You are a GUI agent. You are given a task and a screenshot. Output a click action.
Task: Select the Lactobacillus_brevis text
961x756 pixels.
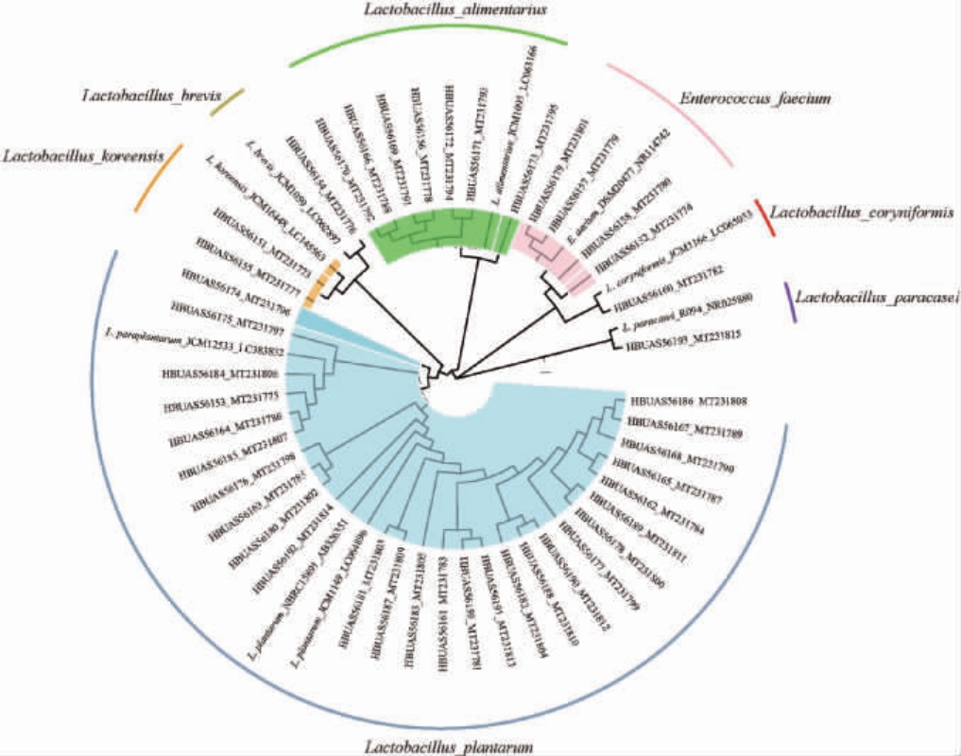(x=151, y=96)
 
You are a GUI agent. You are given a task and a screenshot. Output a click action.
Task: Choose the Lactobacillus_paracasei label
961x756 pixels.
(x=878, y=299)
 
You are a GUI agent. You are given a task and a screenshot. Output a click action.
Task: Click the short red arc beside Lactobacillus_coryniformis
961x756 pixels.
(x=764, y=217)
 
